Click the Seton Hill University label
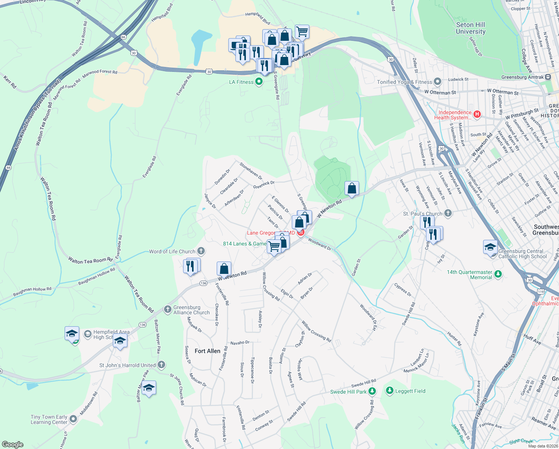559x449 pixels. pos(470,28)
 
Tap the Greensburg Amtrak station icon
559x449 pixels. pos(548,77)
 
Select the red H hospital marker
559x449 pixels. pos(477,114)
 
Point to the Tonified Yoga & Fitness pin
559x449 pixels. pos(438,82)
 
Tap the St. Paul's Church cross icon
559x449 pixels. pos(448,214)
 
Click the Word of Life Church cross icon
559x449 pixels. pos(201,251)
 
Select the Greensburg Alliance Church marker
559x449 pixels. pos(168,309)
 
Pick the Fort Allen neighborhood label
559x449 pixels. pos(207,351)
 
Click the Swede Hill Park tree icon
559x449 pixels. pos(372,391)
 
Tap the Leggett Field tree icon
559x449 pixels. pos(390,391)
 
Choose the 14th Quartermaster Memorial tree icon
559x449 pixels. pos(498,274)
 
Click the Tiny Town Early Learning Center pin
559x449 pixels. pos(73,419)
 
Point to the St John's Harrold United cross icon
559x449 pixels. pos(161,365)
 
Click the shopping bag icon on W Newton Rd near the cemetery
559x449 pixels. pos(352,188)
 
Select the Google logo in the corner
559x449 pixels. pos(12,444)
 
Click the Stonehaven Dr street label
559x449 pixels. pos(251,171)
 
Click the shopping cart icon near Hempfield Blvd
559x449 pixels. pos(302,31)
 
